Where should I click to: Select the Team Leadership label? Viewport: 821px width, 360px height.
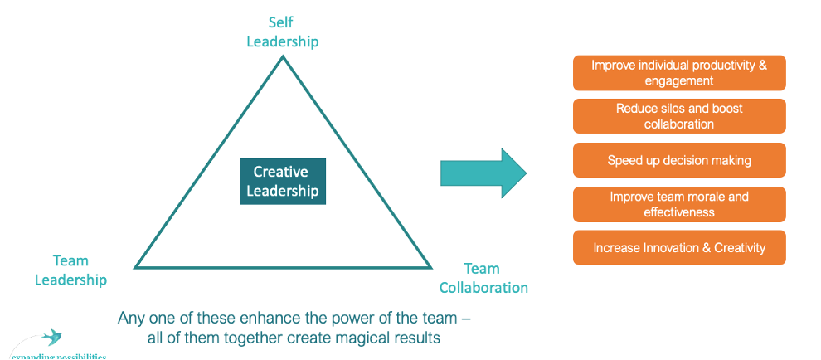pyautogui.click(x=70, y=270)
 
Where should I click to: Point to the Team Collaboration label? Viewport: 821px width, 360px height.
pyautogui.click(x=483, y=279)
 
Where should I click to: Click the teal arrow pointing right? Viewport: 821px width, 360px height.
pyautogui.click(x=483, y=173)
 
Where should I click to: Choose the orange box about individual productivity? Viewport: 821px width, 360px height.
pyautogui.click(x=678, y=73)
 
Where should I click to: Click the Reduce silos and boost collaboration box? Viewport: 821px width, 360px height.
pyautogui.click(x=678, y=116)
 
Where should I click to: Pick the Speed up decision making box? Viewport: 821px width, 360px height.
pyautogui.click(x=678, y=160)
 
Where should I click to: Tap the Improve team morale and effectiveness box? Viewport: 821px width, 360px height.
pyautogui.click(x=678, y=204)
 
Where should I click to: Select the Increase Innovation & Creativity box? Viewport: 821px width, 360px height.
pyautogui.click(x=678, y=247)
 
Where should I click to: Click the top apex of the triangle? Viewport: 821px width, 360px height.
pyautogui.click(x=283, y=57)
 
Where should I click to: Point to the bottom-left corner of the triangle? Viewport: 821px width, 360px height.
pyautogui.click(x=137, y=267)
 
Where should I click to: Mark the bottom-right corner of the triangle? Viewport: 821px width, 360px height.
pyautogui.click(x=430, y=267)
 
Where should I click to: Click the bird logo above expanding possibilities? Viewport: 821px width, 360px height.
pyautogui.click(x=53, y=338)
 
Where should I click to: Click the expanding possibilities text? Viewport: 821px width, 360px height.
pyautogui.click(x=58, y=356)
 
